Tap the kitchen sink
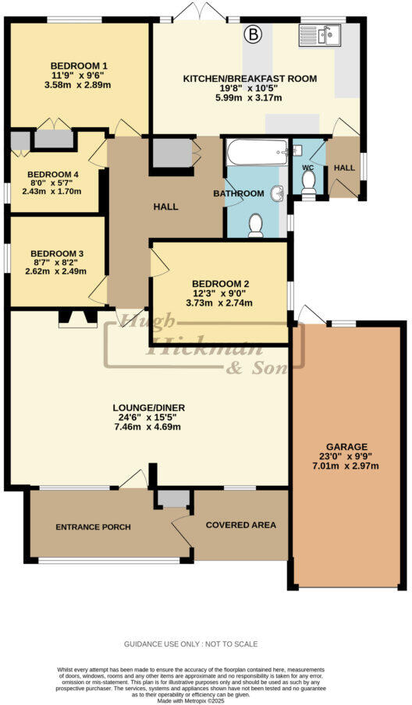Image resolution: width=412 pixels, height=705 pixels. tap(320, 36)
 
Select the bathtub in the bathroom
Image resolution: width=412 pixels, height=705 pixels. tap(257, 153)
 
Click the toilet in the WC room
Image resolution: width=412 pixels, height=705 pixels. tap(308, 180)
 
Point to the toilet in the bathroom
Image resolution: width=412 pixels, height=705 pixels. tap(256, 225)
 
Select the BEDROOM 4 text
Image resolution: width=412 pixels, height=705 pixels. tap(53, 175)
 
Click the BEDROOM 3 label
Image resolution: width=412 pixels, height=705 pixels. tap(56, 253)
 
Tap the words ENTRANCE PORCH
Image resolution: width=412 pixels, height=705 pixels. tap(93, 527)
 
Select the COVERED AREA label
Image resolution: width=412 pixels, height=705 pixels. tap(240, 525)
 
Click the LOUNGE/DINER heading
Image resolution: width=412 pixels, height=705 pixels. tap(148, 408)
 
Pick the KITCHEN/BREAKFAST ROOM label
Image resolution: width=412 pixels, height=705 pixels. tap(250, 78)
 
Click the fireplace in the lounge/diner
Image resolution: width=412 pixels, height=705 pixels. tap(78, 316)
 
